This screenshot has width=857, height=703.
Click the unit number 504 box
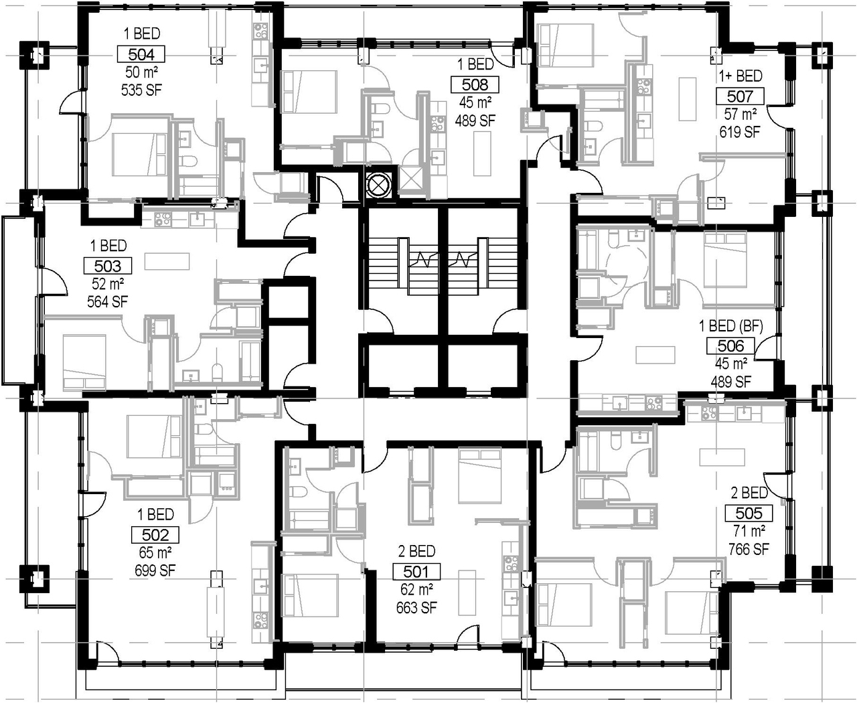coord(141,54)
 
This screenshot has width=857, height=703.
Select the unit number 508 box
coord(475,84)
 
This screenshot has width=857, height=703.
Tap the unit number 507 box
coord(740,96)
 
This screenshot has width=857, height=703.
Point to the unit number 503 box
coord(108,266)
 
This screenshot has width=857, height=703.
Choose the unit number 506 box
coord(730,346)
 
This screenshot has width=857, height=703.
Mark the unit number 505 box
coord(749,514)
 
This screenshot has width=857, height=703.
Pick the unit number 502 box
coord(155,535)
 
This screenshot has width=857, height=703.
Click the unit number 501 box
coord(416,572)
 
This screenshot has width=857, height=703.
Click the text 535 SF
coord(141,90)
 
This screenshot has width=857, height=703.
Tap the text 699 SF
coord(155,570)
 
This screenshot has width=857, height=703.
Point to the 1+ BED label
coord(741,76)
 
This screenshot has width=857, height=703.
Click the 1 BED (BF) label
coord(731,326)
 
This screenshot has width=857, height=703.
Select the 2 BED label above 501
coord(416,552)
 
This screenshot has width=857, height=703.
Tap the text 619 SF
coord(740,132)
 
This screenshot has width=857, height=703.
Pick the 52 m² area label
coord(108,284)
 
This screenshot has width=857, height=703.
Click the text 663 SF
coord(416,607)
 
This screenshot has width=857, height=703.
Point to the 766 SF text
coord(749,550)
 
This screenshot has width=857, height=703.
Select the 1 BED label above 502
coord(155,515)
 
